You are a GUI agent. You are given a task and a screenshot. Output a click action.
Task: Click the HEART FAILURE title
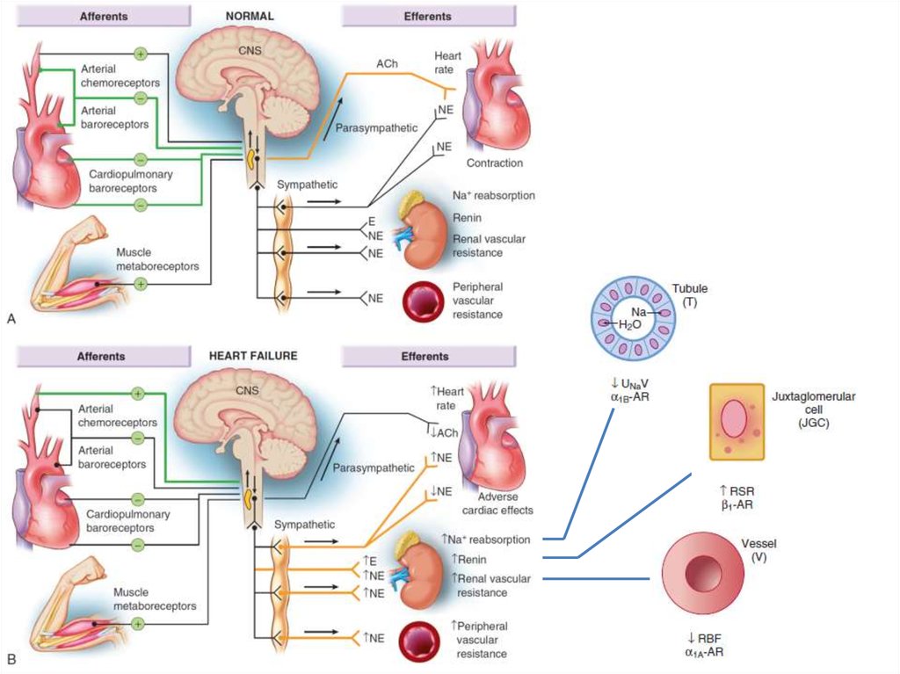[x=253, y=357]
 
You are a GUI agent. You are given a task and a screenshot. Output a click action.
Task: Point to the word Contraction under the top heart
[x=495, y=163]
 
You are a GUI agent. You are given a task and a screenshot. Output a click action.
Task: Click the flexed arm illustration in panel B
[x=75, y=606]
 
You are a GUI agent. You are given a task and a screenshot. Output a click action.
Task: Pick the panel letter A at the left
[x=11, y=320]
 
